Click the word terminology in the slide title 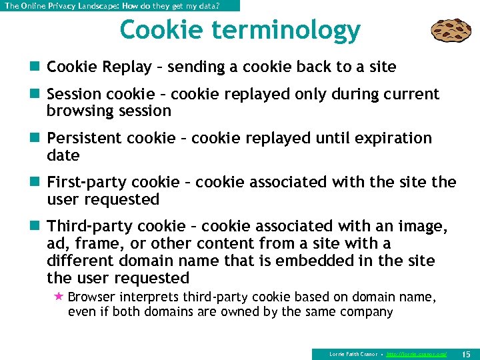[293, 31]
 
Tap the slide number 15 [466, 353]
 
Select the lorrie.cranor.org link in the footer [417, 354]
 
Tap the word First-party [87, 183]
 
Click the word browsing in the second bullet [80, 111]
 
